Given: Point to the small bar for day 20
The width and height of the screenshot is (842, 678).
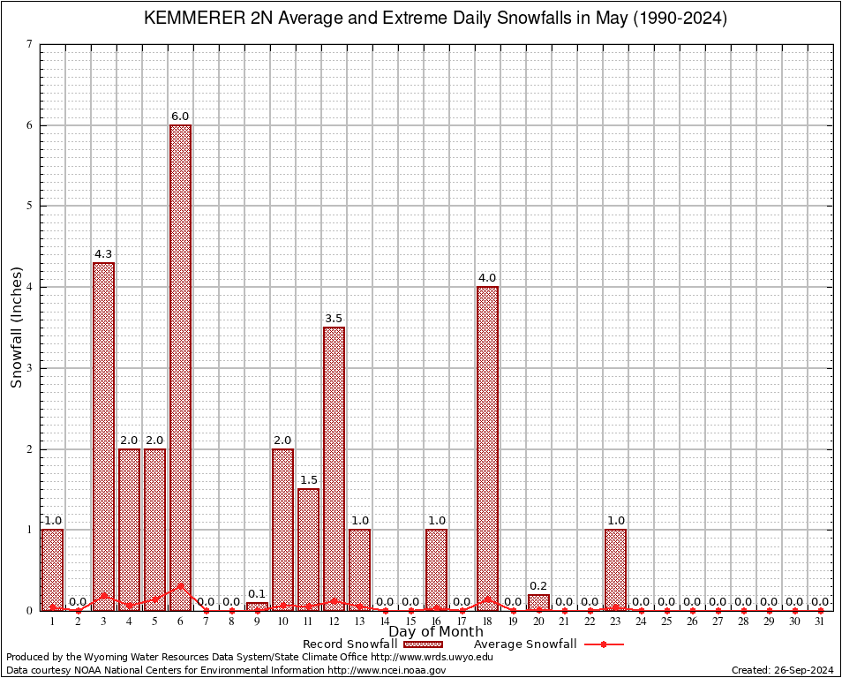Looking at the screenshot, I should (538, 602).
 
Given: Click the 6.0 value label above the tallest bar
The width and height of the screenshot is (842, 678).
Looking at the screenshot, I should (180, 116).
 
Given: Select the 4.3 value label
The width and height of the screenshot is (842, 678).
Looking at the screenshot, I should (103, 253).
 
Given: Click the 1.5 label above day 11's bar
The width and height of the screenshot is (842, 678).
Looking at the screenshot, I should (308, 479).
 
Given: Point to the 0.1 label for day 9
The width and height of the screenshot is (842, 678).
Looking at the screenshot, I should (257, 593).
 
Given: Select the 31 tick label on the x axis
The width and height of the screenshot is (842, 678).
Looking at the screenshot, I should (821, 621).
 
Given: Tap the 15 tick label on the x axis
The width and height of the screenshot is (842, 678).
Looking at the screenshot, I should (410, 621).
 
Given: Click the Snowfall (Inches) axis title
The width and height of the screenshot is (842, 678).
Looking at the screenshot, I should (16, 327).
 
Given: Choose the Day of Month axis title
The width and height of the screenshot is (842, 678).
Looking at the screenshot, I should (436, 631).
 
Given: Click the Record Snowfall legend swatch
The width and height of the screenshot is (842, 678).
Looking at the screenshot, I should (424, 644).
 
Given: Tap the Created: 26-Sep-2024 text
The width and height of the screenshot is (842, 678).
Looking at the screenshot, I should (782, 670).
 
